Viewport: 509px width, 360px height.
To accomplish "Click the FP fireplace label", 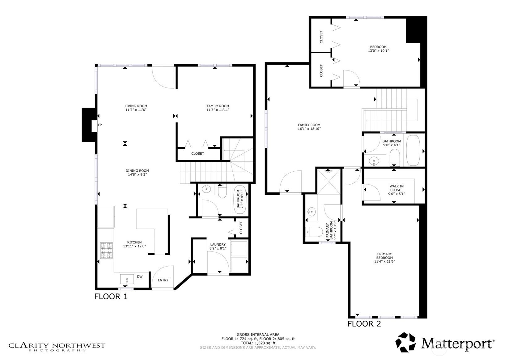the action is tap(100, 125).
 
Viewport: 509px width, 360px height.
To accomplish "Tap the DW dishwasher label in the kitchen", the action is tap(140, 276).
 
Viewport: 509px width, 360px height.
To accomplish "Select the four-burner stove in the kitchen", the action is tap(107, 251).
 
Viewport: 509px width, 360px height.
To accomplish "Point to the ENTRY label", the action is tap(163, 280).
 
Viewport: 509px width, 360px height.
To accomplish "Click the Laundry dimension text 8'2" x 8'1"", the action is tap(218, 248).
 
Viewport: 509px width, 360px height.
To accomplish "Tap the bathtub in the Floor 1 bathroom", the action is tap(240, 199).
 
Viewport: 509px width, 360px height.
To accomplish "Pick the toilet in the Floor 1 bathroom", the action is tap(222, 192).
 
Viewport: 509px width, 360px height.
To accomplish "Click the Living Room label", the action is tap(136, 106).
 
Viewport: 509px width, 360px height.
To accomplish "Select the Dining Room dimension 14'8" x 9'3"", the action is tap(137, 174).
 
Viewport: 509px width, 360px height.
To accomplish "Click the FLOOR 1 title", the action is tap(111, 297).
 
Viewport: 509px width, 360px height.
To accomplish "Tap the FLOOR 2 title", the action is tap(364, 324).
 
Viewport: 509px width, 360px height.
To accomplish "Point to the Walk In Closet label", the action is tap(397, 188).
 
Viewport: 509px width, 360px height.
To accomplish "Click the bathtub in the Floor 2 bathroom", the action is tap(413, 150).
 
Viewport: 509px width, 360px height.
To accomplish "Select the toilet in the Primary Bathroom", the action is tap(314, 232).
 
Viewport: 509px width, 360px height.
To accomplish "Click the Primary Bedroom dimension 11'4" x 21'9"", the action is tap(384, 262).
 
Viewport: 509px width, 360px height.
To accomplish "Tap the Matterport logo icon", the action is tap(405, 342).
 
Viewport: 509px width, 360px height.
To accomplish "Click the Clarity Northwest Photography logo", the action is tap(57, 347).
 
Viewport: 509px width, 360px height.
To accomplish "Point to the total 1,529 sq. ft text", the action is tap(258, 343).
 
